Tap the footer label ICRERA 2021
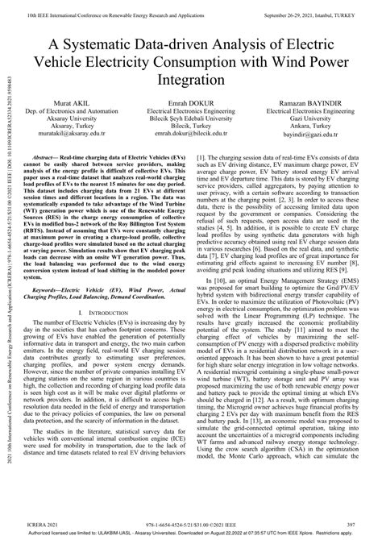39,522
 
